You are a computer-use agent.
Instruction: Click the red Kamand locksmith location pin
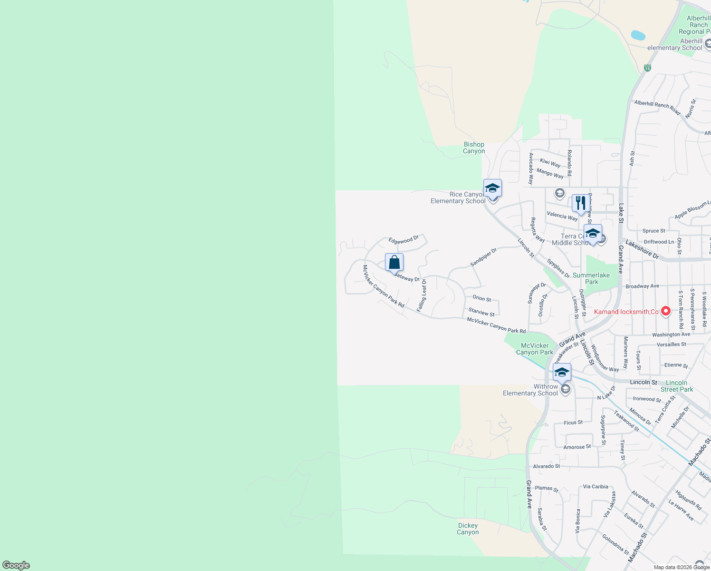point(666,311)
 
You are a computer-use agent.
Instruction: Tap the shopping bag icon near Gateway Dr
point(394,262)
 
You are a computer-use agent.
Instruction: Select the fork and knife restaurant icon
point(580,203)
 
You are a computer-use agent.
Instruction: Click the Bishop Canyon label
point(474,148)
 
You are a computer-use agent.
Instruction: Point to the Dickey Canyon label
point(468,529)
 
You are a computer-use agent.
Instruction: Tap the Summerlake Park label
point(591,278)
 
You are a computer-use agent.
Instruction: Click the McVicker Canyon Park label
point(535,349)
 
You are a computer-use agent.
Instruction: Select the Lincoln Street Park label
point(676,386)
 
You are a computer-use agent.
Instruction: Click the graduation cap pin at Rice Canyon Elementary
point(492,188)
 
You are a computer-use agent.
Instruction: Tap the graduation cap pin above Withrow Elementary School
point(562,372)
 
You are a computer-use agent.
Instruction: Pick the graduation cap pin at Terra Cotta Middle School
point(593,234)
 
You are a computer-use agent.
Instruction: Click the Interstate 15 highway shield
point(647,68)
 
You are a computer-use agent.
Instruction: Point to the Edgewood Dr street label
point(403,240)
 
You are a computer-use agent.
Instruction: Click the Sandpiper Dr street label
point(483,257)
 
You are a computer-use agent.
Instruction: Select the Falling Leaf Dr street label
point(422,295)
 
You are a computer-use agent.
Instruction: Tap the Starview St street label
point(481,312)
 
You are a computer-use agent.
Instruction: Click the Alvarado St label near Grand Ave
point(546,466)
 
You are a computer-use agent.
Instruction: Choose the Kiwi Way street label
point(550,163)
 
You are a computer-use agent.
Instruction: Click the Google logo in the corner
point(16,565)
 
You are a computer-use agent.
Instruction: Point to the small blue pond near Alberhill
point(638,35)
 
